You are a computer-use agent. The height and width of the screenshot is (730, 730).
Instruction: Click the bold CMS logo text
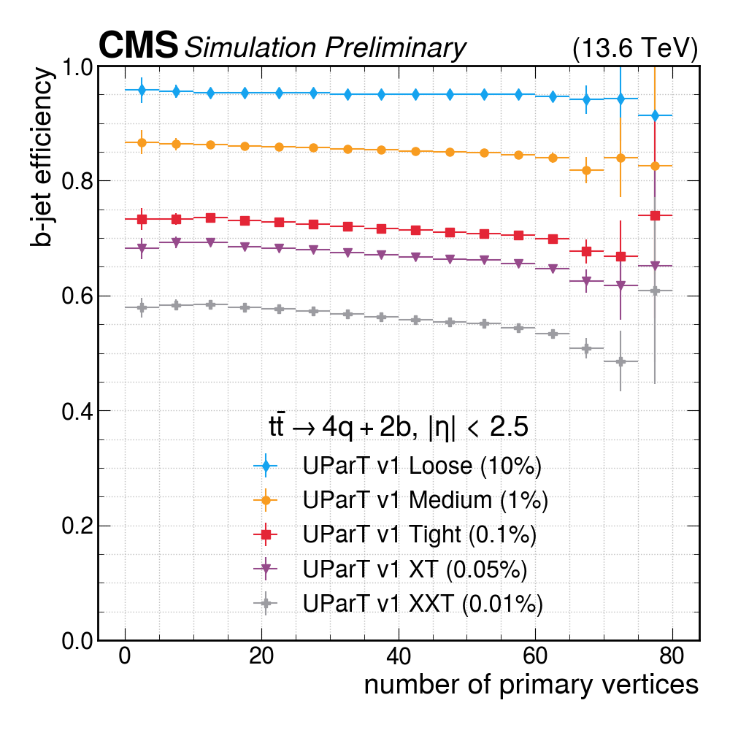(x=139, y=46)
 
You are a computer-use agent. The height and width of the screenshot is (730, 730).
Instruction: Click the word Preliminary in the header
(x=395, y=48)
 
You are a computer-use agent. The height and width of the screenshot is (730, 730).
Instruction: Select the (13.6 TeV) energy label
(x=635, y=48)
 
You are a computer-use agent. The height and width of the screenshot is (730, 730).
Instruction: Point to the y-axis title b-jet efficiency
(x=42, y=157)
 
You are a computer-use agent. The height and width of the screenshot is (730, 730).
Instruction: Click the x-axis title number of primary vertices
(x=531, y=684)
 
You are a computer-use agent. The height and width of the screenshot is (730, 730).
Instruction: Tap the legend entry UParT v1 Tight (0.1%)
(x=420, y=534)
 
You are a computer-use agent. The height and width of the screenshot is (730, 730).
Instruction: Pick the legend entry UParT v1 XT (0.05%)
(x=415, y=569)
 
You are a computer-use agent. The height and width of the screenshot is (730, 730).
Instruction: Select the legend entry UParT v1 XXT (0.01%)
(x=423, y=604)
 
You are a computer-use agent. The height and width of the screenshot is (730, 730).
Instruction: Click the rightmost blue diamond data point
(x=655, y=116)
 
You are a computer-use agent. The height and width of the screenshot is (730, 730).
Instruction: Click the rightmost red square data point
(x=655, y=215)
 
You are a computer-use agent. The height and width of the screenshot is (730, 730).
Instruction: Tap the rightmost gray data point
(x=655, y=291)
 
